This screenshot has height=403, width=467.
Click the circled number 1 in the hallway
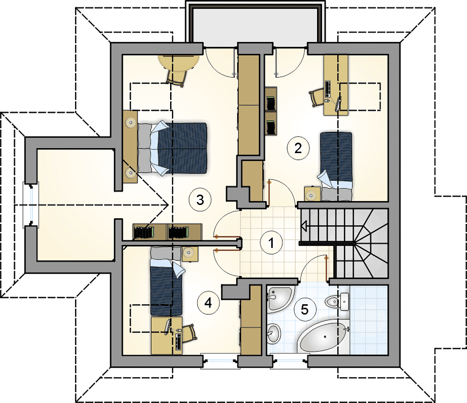pyautogui.click(x=271, y=243)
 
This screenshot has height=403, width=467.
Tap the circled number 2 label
pyautogui.click(x=298, y=148)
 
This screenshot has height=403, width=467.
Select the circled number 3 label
pyautogui.click(x=200, y=199)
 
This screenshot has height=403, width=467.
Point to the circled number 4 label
pyautogui.click(x=208, y=303)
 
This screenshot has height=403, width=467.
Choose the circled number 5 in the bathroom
pyautogui.click(x=304, y=309)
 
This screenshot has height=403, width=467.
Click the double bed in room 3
pyautogui.click(x=172, y=148)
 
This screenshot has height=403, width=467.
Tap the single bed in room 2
pyautogui.click(x=335, y=166)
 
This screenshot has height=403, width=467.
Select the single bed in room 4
pyautogui.click(x=167, y=281)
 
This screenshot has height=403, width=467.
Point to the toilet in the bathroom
pyautogui.click(x=332, y=302)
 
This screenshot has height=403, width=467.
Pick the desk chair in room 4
pyautogui.click(x=189, y=333)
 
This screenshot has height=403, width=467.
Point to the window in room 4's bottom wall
pyautogui.click(x=220, y=361)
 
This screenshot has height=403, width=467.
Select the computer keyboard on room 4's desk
pyautogui.click(x=179, y=342)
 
